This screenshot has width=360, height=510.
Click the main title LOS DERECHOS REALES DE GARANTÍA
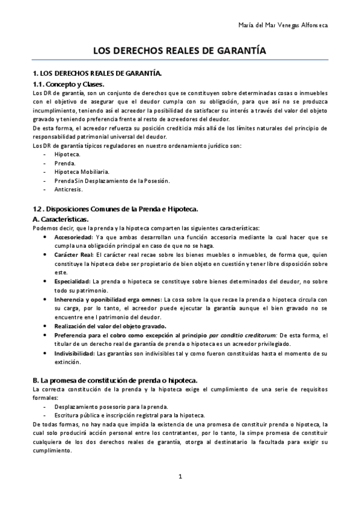(x=180, y=52)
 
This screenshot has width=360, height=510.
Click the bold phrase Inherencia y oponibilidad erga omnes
(x=108, y=299)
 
